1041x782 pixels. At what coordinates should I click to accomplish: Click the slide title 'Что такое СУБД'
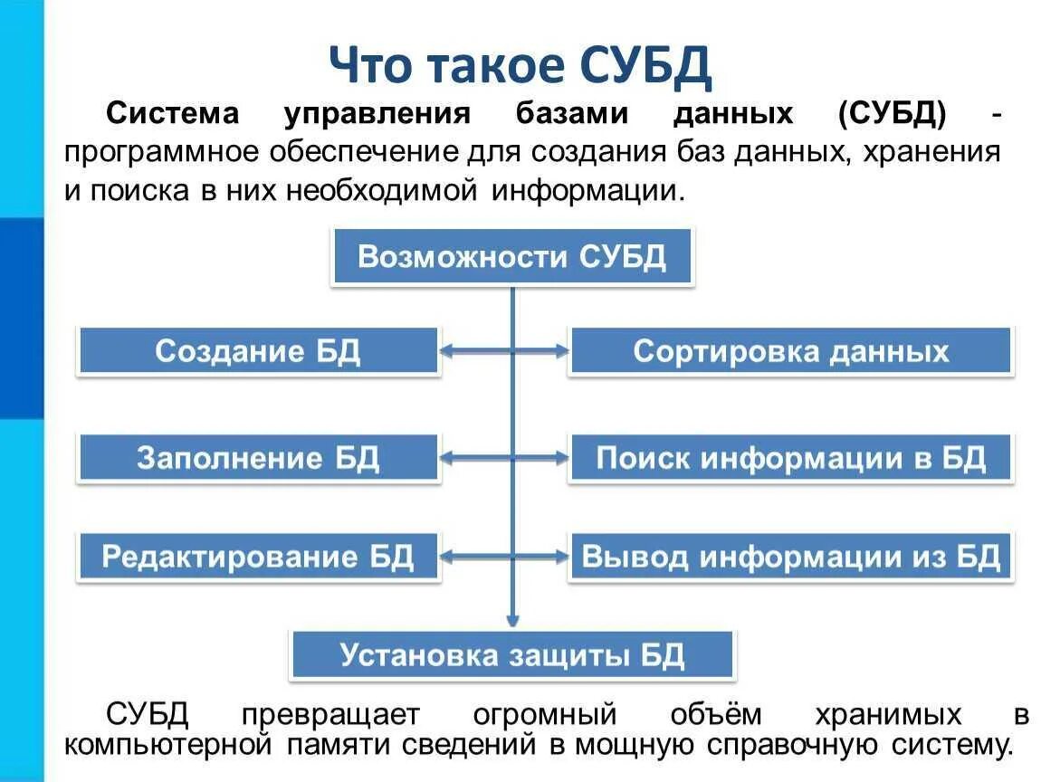[x=520, y=64]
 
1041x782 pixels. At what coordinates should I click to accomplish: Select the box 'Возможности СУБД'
[x=512, y=257]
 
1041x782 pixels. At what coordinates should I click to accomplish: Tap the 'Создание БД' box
[x=259, y=351]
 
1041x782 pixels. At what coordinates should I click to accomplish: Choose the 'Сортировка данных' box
[x=790, y=351]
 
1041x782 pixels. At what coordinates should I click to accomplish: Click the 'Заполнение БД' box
[x=259, y=458]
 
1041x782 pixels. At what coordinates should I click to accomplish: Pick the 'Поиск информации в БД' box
[x=790, y=458]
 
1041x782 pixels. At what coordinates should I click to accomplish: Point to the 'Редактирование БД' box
[x=259, y=556]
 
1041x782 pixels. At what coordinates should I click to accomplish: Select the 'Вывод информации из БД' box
[x=790, y=556]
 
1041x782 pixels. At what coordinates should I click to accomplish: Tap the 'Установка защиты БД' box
[x=512, y=654]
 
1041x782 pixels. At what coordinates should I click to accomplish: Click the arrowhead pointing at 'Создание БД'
[x=448, y=351]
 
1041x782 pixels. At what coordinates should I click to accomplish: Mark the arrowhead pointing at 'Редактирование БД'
[x=448, y=556]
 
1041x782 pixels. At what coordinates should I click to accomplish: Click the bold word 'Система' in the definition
[x=173, y=115]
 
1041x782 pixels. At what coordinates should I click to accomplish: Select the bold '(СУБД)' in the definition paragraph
[x=892, y=115]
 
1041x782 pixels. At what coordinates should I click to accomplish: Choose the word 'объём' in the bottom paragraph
[x=716, y=715]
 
